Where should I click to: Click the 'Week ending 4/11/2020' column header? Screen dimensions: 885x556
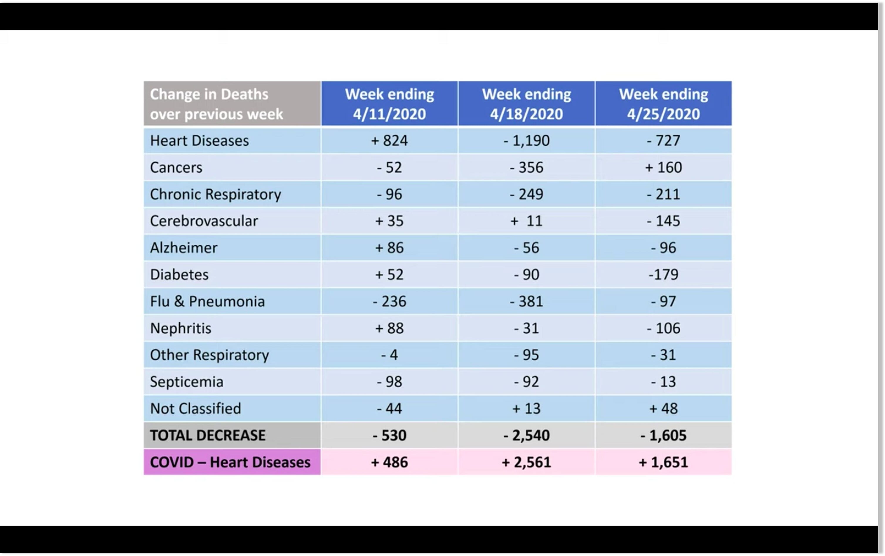pos(389,104)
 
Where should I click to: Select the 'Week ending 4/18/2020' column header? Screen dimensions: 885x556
pos(526,104)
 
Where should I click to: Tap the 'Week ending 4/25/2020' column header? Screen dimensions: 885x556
pos(663,104)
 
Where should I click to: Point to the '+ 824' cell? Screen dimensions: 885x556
pos(389,140)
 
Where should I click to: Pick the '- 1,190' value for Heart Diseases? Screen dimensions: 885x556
pos(526,140)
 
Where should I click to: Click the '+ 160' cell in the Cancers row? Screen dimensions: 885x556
pos(663,167)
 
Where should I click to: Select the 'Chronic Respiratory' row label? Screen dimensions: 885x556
pos(215,194)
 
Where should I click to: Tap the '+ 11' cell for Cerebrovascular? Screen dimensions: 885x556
pos(526,221)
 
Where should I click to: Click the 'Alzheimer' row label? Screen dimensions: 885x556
pos(184,248)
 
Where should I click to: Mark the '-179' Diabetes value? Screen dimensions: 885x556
pos(663,275)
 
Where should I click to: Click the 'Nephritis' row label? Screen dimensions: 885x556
pos(181,328)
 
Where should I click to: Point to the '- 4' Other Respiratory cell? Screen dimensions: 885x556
pos(389,355)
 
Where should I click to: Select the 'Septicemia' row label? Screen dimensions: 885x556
pos(186,382)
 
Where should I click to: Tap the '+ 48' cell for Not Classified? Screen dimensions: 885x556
pos(663,409)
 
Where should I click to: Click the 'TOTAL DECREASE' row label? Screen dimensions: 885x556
pos(207,435)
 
